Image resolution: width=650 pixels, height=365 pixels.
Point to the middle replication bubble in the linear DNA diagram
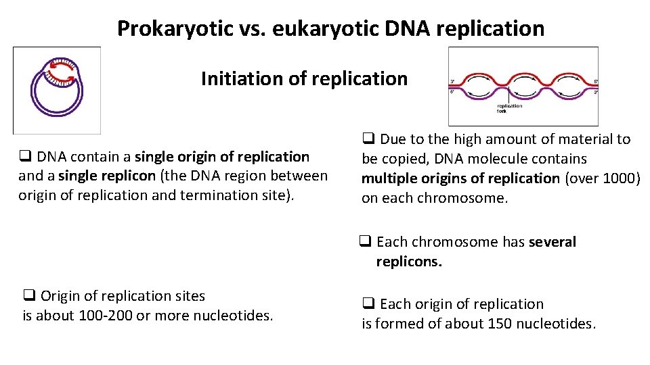point(524,87)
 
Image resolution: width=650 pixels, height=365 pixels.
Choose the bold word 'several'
point(552,242)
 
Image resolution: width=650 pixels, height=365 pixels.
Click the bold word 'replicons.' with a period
point(409,262)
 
